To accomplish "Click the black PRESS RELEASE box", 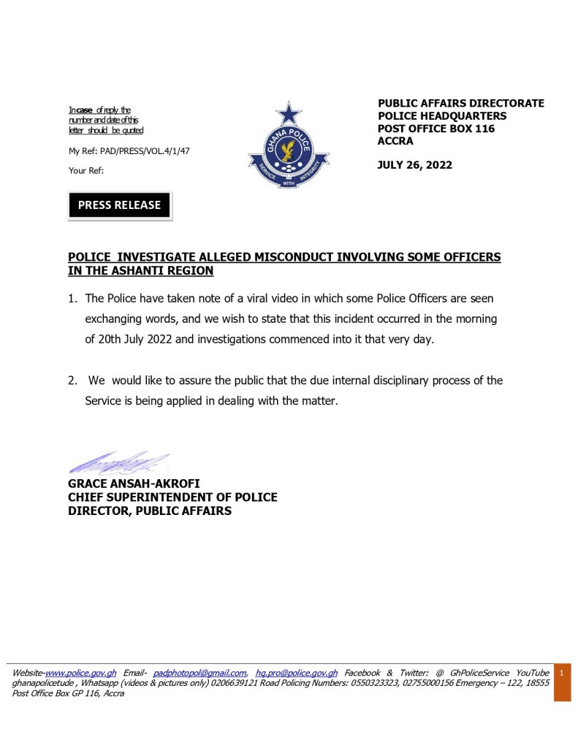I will click(x=119, y=205).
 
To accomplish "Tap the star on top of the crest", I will click(x=289, y=114).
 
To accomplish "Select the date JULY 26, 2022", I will click(x=414, y=165).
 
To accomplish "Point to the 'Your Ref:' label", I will click(x=86, y=170).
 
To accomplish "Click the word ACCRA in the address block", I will click(x=395, y=141).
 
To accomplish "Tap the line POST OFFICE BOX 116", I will click(x=436, y=129).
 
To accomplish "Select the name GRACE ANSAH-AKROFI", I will click(x=134, y=484).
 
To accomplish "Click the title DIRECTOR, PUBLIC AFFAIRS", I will click(x=150, y=511).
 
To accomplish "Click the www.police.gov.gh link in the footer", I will click(x=81, y=673).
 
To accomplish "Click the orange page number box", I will click(x=561, y=682).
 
